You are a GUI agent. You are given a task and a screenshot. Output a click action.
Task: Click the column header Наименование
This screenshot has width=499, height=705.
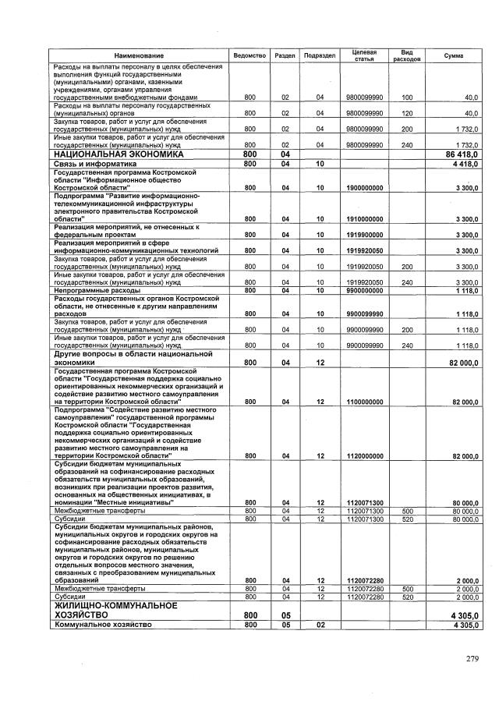point(135,56)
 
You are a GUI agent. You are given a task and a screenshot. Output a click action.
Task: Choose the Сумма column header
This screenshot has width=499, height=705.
point(453,56)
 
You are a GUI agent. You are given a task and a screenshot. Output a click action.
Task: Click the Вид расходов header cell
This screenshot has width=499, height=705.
point(406,55)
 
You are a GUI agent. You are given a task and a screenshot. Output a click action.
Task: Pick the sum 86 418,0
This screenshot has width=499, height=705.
point(460,154)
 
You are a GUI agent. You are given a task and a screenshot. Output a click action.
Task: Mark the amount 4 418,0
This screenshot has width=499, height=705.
point(462,165)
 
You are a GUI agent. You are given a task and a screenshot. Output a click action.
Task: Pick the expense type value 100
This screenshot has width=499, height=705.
point(406,97)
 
